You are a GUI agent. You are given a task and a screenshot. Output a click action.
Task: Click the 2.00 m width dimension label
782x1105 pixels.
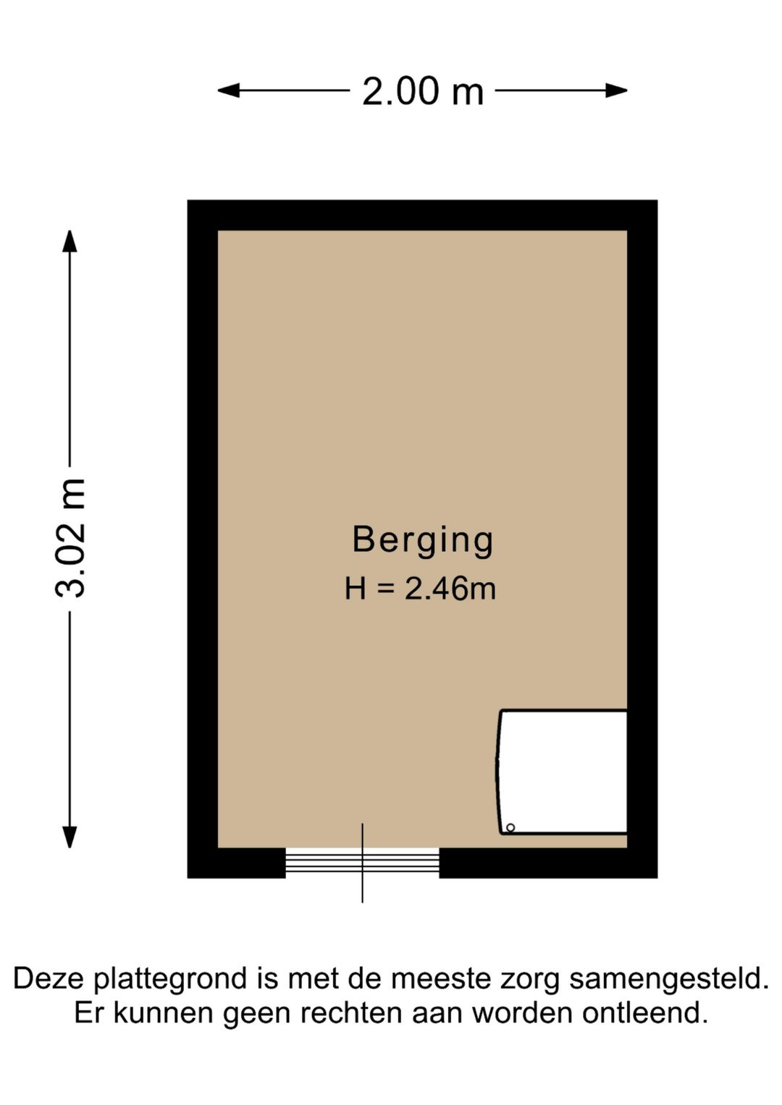[x=423, y=91]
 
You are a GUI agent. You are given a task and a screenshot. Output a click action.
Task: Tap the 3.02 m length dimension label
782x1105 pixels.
[x=70, y=538]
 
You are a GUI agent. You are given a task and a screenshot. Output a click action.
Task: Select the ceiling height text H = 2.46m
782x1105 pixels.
[x=421, y=589]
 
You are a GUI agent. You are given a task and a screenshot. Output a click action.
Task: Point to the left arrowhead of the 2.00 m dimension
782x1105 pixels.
[x=228, y=91]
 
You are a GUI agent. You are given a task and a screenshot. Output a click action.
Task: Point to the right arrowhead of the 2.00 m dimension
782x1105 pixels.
[x=617, y=91]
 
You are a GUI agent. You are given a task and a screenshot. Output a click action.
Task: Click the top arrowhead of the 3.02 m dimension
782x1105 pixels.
[x=70, y=241]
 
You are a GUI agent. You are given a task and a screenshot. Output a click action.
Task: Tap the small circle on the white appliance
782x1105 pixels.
[x=510, y=828]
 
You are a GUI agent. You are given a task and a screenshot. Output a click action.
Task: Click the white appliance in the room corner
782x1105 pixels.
[x=562, y=773]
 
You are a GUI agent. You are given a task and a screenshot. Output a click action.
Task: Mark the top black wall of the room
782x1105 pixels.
[x=422, y=215]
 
